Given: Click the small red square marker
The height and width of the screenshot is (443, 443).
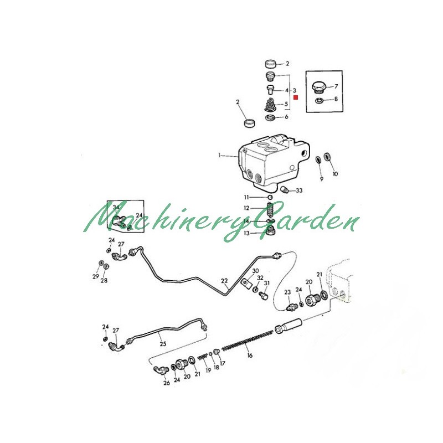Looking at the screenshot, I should pos(296,97).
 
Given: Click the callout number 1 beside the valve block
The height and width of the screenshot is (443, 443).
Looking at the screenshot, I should pos(220,156).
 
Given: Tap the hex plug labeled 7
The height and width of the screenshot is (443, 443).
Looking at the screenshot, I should pos(319,87).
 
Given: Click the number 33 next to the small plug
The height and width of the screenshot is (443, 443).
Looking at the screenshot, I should pos(299,190).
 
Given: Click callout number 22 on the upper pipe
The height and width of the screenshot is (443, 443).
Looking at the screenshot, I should pos(224,281).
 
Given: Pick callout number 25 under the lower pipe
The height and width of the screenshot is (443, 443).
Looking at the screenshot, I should pos(163,344).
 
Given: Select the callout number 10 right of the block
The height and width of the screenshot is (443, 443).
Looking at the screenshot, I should pos(334,174).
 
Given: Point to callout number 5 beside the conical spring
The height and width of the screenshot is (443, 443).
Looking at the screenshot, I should pos(286,104).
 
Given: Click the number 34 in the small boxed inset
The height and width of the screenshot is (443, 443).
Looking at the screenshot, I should pos(116,207).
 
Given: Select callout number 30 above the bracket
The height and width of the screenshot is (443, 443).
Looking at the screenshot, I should pos(255,271).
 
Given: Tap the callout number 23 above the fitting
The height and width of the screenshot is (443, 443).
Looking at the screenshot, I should pos(287,292).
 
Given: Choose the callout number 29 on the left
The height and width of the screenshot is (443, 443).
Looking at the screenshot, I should pos(95,276).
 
